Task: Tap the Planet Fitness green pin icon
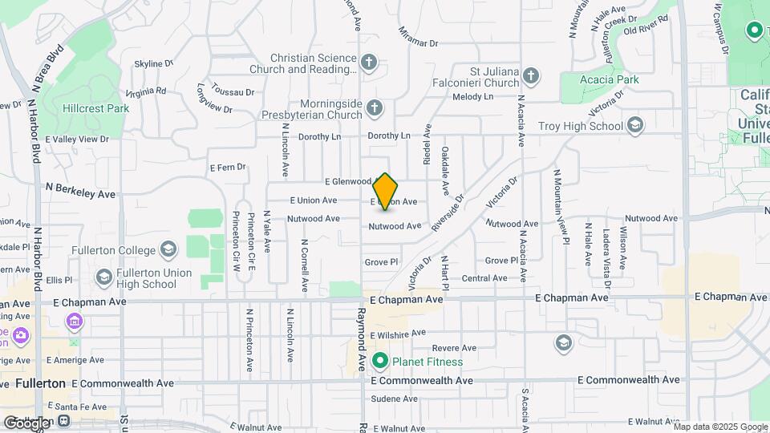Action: coord(380,362)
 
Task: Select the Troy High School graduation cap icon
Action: coord(635,125)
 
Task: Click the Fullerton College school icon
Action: coord(168,251)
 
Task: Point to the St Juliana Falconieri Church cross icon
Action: coord(530,77)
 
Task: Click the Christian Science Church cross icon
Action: coord(368,63)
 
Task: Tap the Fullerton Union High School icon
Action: coord(103,277)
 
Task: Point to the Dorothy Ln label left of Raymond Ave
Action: coord(320,136)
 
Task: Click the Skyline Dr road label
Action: coord(154,63)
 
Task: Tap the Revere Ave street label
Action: coord(450,348)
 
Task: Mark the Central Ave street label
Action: coord(484,278)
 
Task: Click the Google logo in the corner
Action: coord(26,422)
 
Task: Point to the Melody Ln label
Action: coord(472,97)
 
